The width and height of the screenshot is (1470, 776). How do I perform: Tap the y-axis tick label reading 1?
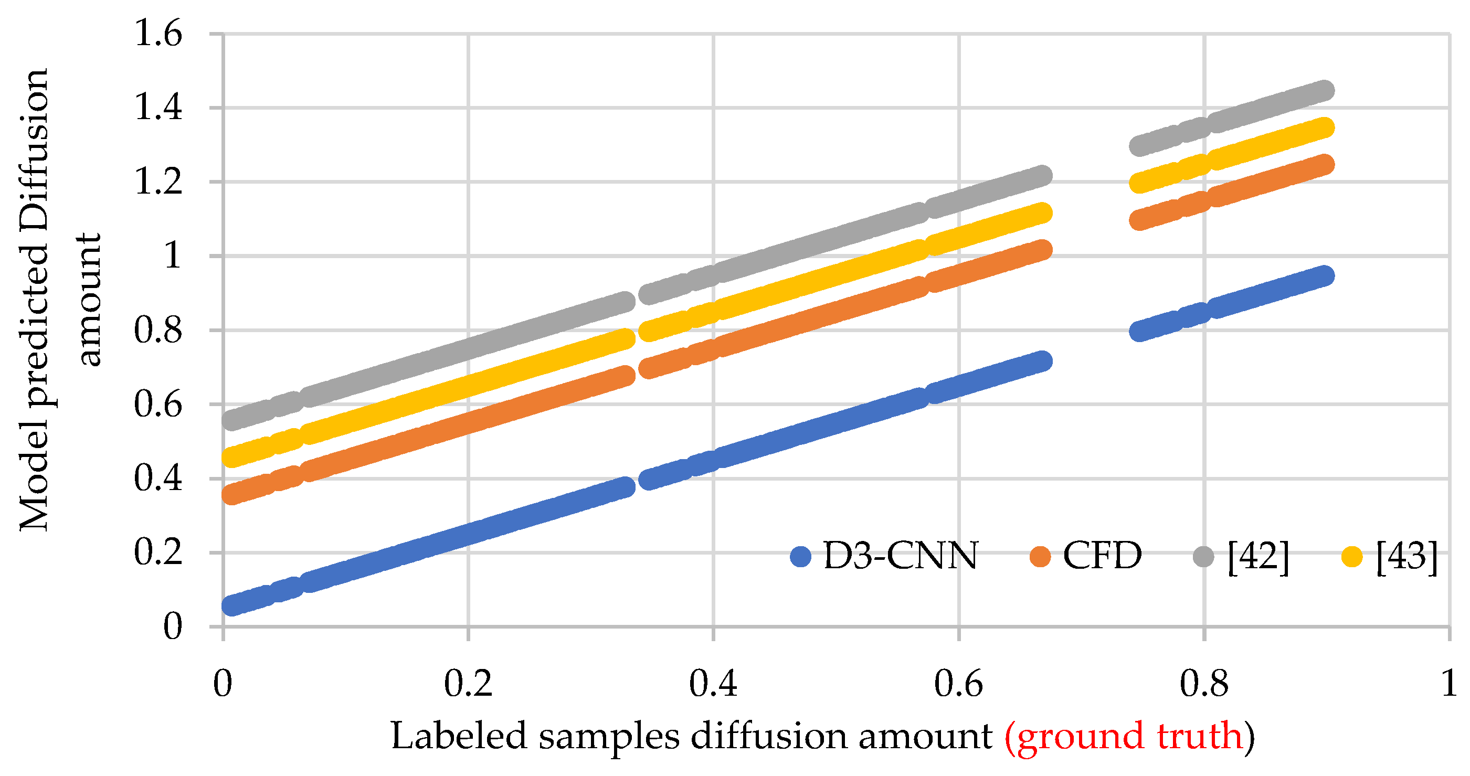click(x=172, y=255)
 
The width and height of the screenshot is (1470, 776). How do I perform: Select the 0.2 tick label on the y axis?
click(x=158, y=552)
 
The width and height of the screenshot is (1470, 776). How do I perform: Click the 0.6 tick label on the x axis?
click(x=958, y=683)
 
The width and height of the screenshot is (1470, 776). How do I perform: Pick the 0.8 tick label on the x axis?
click(x=1203, y=683)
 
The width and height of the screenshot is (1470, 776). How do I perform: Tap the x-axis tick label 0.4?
click(x=713, y=683)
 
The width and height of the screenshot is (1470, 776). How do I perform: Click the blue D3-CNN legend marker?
click(x=801, y=556)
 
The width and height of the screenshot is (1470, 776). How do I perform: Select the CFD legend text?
click(x=1102, y=555)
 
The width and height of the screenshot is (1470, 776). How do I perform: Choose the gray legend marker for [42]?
click(x=1203, y=556)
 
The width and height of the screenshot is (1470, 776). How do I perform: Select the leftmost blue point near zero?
click(x=231, y=605)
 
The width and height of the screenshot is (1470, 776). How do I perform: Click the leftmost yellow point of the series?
click(x=231, y=457)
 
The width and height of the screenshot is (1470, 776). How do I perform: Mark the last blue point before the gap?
click(x=1042, y=360)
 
